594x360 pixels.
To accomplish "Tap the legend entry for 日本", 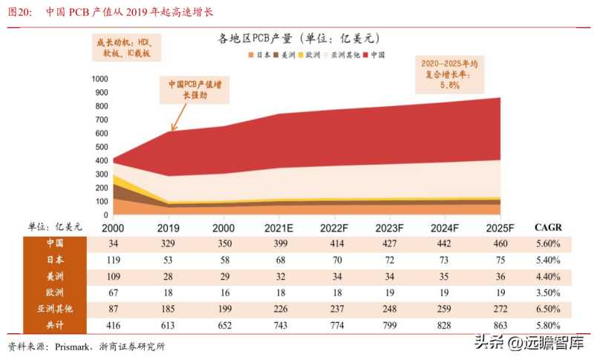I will (262, 55).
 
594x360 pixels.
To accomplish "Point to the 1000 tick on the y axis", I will (99, 79).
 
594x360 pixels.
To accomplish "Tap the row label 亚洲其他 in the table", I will (54, 309).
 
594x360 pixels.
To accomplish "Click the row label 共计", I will (54, 325).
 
